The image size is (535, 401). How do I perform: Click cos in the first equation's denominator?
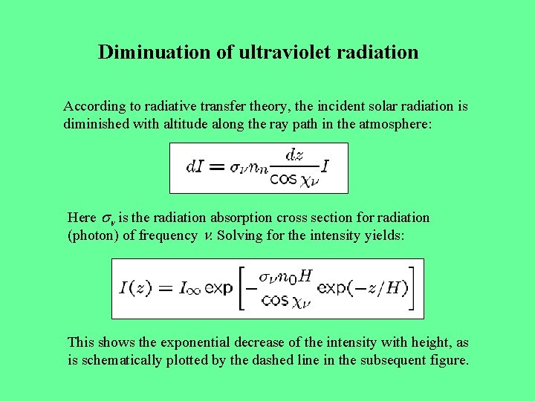tap(283, 179)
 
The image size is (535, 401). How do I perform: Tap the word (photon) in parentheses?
tap(93, 236)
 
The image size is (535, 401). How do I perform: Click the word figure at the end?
tap(450, 361)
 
